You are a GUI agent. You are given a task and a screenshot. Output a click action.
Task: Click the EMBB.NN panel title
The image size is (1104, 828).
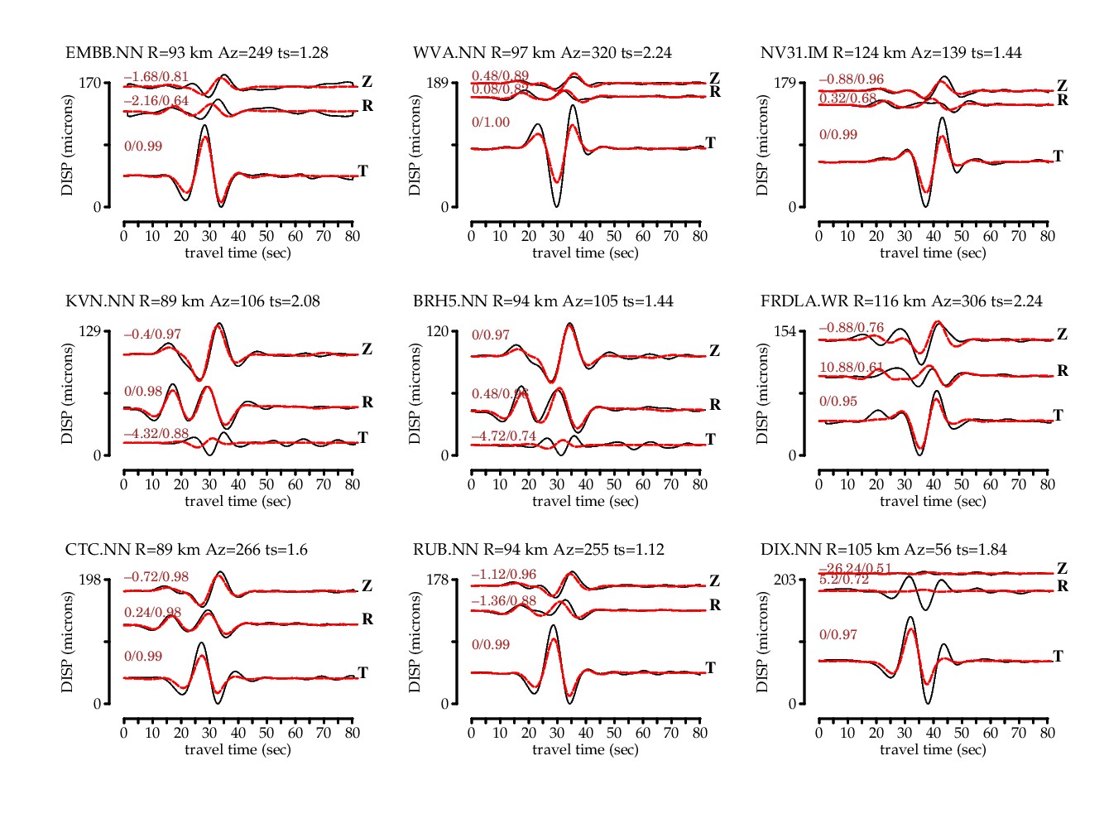click(197, 53)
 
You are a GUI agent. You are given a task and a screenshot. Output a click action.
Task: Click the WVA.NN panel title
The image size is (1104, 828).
click(542, 53)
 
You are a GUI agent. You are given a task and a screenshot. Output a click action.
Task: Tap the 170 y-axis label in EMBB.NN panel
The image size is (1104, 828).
click(90, 83)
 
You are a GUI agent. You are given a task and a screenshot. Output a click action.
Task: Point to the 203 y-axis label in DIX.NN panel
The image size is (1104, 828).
click(785, 580)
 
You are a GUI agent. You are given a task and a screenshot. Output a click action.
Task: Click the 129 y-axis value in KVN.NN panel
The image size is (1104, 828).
click(90, 331)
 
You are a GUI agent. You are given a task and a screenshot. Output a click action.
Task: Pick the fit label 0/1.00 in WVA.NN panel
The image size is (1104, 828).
click(491, 123)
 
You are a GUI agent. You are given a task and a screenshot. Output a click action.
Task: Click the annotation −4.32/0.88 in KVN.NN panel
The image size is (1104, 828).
click(156, 433)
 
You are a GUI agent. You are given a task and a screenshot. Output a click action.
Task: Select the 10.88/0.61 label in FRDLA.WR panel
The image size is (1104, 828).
click(852, 367)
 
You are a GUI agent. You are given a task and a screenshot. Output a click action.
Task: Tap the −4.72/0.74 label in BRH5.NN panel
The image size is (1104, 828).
click(504, 436)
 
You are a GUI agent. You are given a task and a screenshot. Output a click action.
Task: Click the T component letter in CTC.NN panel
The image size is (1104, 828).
click(362, 672)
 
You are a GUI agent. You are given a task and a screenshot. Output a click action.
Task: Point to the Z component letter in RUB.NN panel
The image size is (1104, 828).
click(714, 581)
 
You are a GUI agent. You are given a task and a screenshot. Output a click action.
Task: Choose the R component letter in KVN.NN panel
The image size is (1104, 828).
click(367, 402)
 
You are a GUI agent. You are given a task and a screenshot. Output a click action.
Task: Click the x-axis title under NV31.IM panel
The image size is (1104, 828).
click(933, 253)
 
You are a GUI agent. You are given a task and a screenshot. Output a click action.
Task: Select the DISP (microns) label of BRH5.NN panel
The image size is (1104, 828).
click(415, 393)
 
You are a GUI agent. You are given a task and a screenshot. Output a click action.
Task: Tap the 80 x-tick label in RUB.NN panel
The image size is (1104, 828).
click(700, 733)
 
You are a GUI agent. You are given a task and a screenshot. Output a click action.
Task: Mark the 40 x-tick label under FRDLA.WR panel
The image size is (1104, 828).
click(934, 484)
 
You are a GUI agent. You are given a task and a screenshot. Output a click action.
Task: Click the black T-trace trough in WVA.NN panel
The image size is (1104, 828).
click(556, 205)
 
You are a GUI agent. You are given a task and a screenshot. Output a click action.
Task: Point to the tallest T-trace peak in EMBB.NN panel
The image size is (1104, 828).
click(204, 126)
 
